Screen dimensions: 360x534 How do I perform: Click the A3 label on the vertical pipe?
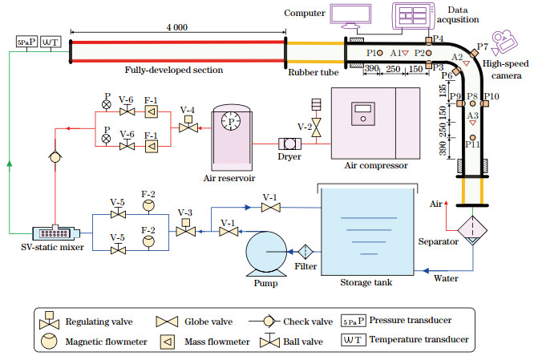(x=472, y=116)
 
